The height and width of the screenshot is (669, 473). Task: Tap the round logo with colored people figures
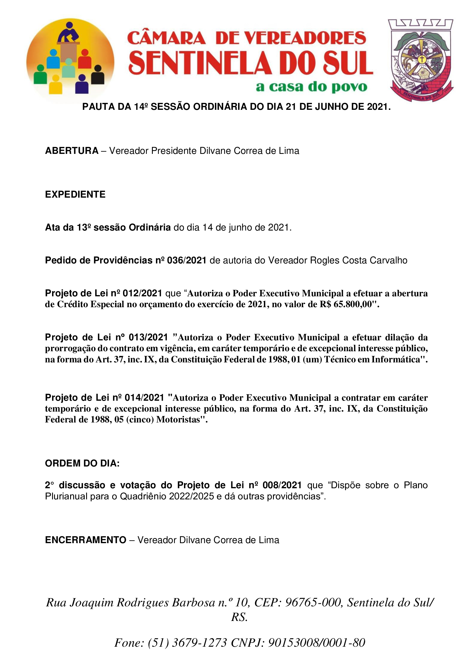click(x=70, y=61)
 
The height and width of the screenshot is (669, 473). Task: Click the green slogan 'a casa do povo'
click(x=311, y=87)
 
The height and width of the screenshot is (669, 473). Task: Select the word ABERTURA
click(x=72, y=151)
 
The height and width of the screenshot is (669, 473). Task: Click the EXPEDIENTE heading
click(x=75, y=194)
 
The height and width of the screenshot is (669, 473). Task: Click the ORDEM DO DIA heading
click(x=82, y=463)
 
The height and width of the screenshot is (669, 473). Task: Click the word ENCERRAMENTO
click(x=86, y=540)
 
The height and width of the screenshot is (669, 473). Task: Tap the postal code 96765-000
click(x=313, y=602)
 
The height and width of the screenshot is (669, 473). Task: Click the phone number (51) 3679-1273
click(x=187, y=643)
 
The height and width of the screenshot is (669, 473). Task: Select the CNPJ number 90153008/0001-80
click(x=316, y=643)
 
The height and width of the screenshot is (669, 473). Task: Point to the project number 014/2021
click(x=144, y=398)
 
